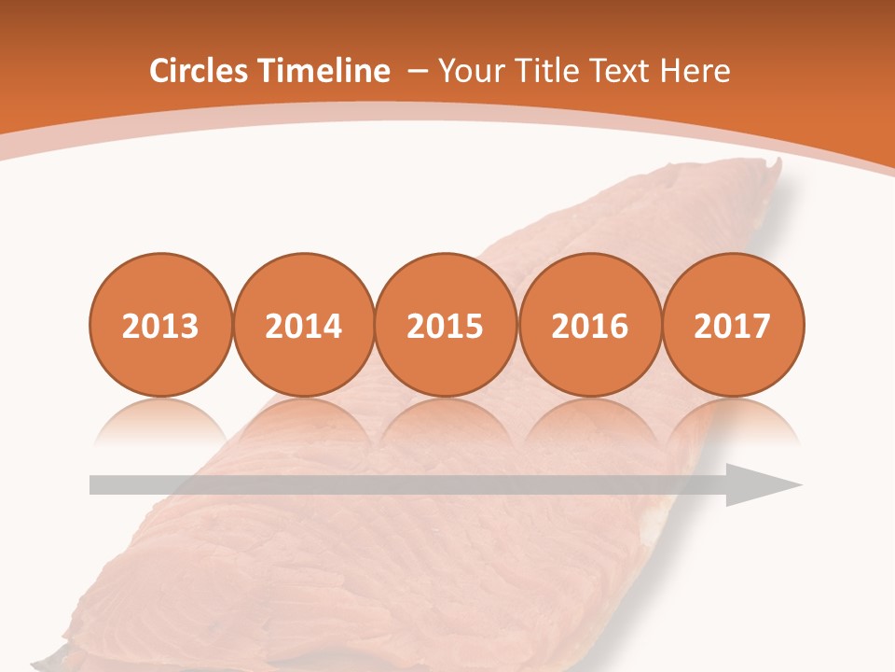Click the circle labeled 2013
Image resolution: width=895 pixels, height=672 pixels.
(x=160, y=325)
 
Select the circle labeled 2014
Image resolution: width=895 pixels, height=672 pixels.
(x=304, y=325)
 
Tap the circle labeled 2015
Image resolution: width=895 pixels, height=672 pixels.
(x=446, y=325)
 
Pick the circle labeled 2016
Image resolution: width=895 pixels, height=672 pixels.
(x=589, y=325)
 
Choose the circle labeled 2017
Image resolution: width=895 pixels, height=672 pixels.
(x=733, y=325)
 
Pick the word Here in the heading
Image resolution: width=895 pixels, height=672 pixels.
(x=695, y=71)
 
